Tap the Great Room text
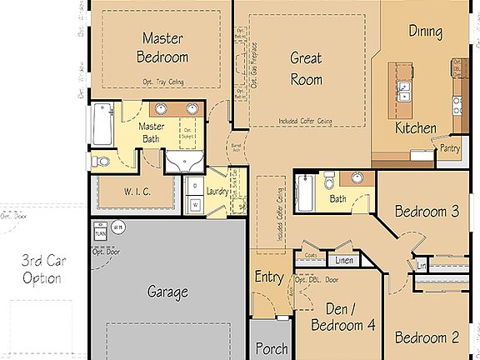point(306,68)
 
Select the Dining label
point(425,32)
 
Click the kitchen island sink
point(404,90)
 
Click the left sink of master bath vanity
point(159,108)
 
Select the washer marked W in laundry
point(195,202)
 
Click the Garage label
point(167,292)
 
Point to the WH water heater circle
point(117,226)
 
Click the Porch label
point(270,348)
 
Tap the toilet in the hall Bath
point(330,179)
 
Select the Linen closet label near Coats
point(344,262)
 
